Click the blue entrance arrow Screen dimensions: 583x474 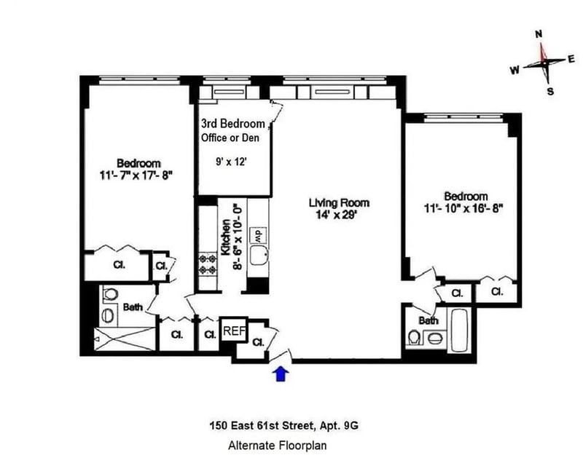281,374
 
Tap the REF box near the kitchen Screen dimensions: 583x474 234,331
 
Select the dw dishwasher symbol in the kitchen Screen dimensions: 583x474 259,234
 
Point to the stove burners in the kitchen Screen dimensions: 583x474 208,264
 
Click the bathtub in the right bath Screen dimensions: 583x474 460,330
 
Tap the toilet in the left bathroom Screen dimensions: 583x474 110,293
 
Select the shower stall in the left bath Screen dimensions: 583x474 124,339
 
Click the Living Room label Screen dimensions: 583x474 339,203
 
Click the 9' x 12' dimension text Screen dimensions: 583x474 231,162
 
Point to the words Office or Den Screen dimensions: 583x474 230,138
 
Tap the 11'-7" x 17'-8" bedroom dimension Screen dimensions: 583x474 137,175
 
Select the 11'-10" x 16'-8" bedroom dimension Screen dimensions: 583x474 463,208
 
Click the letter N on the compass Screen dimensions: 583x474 539,34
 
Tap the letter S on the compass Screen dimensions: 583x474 550,91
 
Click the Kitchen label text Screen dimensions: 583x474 225,237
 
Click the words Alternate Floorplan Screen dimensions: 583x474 278,445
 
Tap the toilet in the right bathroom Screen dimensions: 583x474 413,337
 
